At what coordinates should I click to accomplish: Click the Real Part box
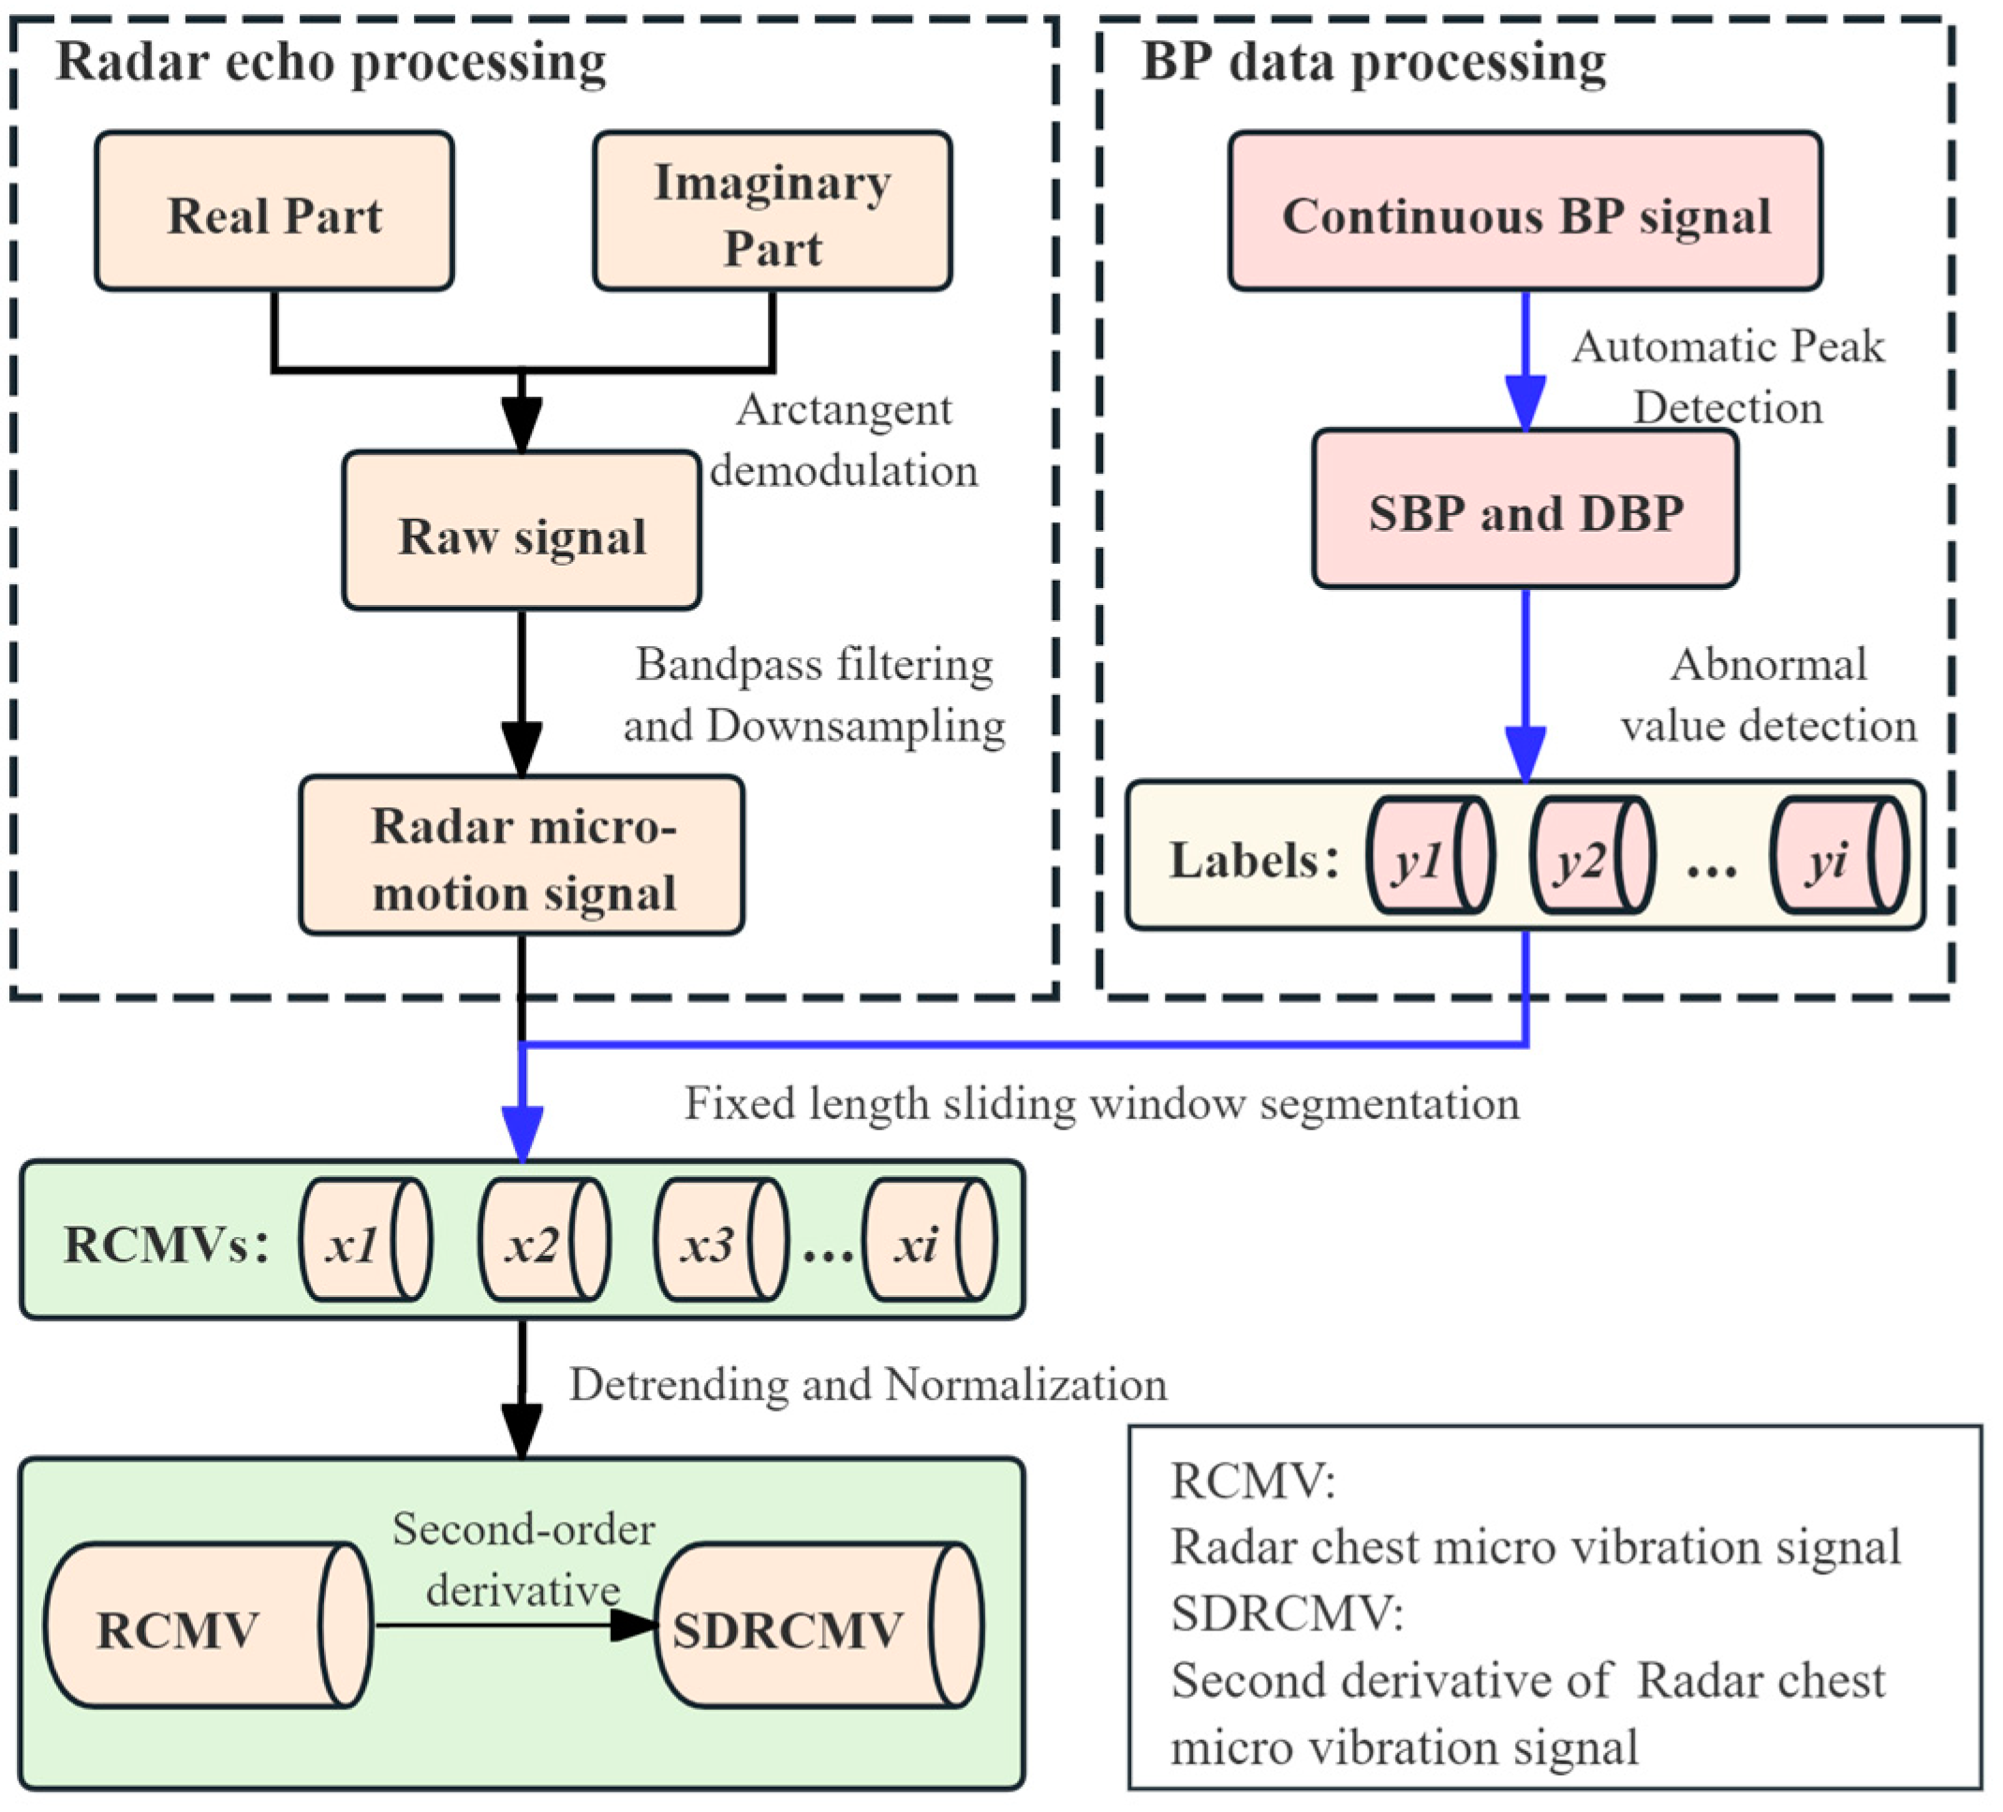(x=274, y=212)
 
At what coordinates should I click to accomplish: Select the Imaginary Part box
(x=772, y=212)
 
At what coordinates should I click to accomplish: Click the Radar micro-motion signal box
(x=522, y=855)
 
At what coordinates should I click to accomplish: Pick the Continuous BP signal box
(x=1525, y=212)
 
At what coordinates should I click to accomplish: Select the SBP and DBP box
(x=1525, y=509)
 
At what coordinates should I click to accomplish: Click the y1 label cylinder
(x=1429, y=855)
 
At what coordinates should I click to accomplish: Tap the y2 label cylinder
(x=1592, y=855)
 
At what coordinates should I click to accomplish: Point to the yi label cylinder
(x=1838, y=855)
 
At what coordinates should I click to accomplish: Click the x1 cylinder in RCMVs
(x=364, y=1240)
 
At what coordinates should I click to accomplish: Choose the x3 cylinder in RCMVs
(x=720, y=1240)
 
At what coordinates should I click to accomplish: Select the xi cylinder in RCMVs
(x=929, y=1240)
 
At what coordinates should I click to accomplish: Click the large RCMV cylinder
(x=207, y=1627)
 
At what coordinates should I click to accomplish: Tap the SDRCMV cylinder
(x=817, y=1627)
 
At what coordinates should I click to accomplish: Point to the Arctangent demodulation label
(x=844, y=440)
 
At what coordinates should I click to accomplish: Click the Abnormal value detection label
(x=1768, y=695)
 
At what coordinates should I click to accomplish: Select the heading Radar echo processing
(x=331, y=62)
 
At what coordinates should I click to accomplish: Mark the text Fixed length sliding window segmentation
(x=1102, y=1103)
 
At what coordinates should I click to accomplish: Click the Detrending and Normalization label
(x=867, y=1384)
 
